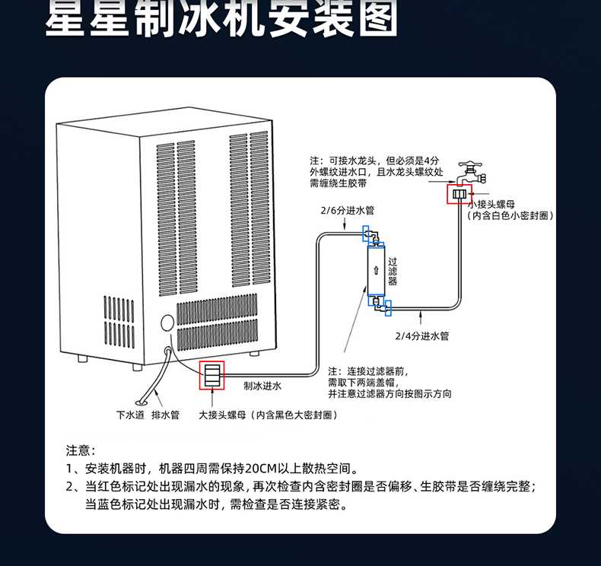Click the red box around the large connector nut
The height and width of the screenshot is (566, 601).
pyautogui.click(x=212, y=375)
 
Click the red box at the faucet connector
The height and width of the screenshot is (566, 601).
pyautogui.click(x=459, y=194)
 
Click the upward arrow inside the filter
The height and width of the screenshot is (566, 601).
pyautogui.click(x=377, y=271)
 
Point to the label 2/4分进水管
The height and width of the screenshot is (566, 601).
pyautogui.click(x=421, y=335)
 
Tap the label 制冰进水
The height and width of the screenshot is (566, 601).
pyautogui.click(x=262, y=386)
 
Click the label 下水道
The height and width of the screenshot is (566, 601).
pyautogui.click(x=129, y=415)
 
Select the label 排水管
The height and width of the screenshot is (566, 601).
pyautogui.click(x=165, y=415)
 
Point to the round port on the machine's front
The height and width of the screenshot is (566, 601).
pyautogui.click(x=166, y=323)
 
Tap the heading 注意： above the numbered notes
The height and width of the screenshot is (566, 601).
pyautogui.click(x=79, y=450)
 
